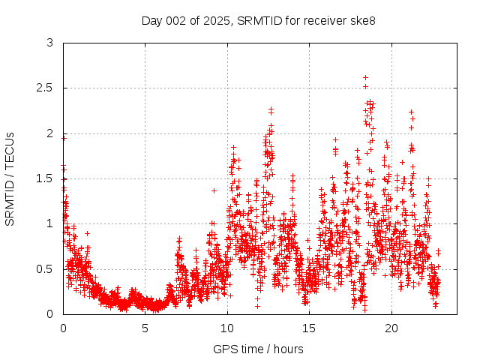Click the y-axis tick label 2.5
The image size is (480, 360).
[46, 88]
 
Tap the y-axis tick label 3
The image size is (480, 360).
[49, 43]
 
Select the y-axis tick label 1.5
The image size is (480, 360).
[46, 178]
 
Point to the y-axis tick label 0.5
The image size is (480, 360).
[46, 268]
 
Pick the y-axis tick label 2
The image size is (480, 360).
[49, 133]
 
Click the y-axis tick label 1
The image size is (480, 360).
[49, 223]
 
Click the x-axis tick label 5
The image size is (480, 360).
[145, 328]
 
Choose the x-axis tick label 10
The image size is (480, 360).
[227, 328]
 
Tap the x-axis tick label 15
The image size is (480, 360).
[309, 328]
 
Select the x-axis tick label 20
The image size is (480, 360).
[391, 328]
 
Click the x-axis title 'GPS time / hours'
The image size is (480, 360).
[258, 349]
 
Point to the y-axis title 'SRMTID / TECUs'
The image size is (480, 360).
[10, 178]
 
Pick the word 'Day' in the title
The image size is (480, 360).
[152, 20]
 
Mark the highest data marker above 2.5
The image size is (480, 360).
[365, 77]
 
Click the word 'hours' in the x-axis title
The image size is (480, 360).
[287, 349]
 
